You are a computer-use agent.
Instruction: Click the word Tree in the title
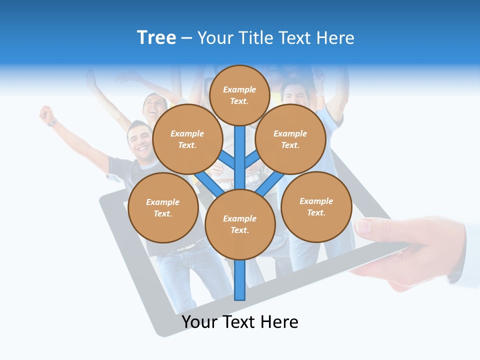pyautogui.click(x=156, y=38)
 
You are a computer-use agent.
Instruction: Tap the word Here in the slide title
pyautogui.click(x=334, y=38)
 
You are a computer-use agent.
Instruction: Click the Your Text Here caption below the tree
pyautogui.click(x=240, y=322)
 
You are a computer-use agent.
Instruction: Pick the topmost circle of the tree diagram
pyautogui.click(x=239, y=95)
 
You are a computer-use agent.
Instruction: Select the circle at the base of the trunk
pyautogui.click(x=240, y=224)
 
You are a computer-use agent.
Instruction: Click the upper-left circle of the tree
pyautogui.click(x=187, y=139)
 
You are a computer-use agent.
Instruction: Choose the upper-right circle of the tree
pyautogui.click(x=290, y=139)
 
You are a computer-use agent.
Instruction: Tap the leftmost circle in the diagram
pyautogui.click(x=162, y=208)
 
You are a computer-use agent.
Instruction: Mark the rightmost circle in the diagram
pyautogui.click(x=316, y=207)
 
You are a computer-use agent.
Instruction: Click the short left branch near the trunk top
pyautogui.click(x=226, y=160)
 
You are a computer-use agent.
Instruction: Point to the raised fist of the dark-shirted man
pyautogui.click(x=47, y=113)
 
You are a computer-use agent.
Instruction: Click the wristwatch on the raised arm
pyautogui.click(x=52, y=122)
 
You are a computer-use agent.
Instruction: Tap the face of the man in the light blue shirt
pyautogui.click(x=295, y=95)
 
